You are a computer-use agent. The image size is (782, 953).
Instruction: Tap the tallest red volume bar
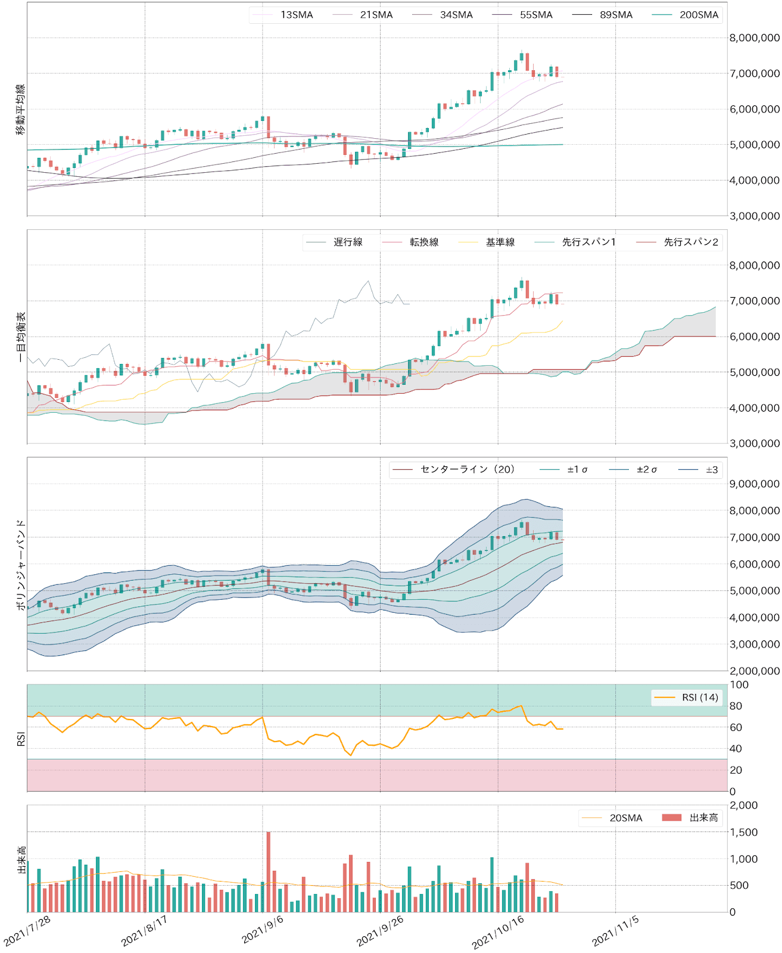[x=269, y=871]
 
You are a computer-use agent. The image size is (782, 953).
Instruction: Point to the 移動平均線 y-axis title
[x=21, y=110]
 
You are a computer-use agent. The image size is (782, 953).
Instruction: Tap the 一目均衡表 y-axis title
[x=21, y=337]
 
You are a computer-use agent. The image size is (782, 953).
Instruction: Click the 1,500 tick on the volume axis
[x=744, y=832]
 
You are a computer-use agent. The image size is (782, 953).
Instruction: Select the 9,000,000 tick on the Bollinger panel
[x=754, y=484]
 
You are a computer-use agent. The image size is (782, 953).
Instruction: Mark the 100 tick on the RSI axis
[x=739, y=685]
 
